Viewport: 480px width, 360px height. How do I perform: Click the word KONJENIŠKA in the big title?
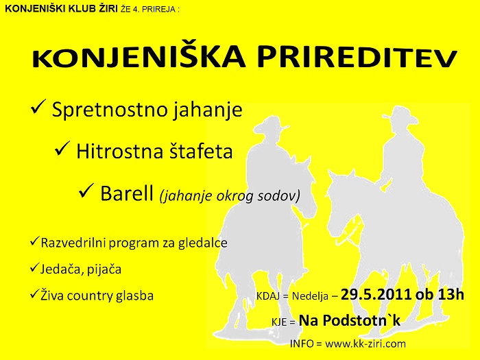pos(139,57)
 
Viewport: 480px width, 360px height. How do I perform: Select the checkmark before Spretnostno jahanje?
pos(38,106)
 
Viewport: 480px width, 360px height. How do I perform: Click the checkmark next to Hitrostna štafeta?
pos(62,149)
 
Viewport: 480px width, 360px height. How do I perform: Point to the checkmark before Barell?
pos(86,191)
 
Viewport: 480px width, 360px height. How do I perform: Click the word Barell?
pos(127,193)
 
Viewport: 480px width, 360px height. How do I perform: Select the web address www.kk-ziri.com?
pos(365,344)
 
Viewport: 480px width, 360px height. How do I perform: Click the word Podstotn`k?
pos(362,321)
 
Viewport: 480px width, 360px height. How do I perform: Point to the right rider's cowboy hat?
pos(400,115)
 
